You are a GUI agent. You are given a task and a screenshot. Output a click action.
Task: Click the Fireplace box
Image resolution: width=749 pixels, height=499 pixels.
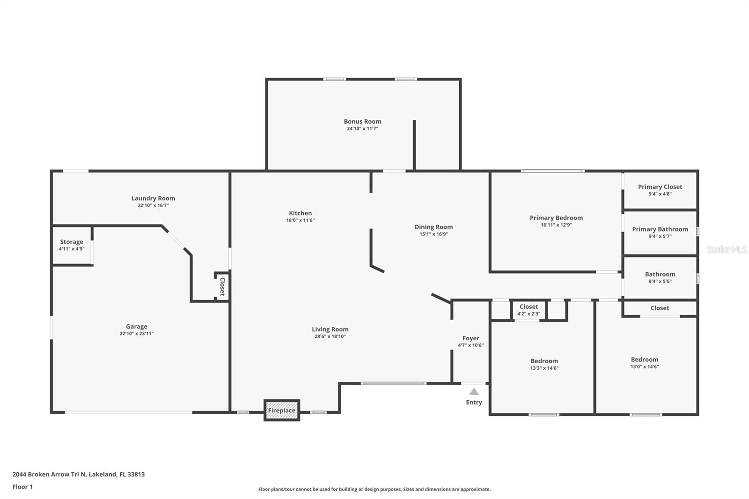(x=281, y=411)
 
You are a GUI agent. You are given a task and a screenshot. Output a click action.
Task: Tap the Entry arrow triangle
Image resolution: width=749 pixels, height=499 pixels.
(x=474, y=392)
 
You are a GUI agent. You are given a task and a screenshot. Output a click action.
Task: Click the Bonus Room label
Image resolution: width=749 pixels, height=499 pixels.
(x=362, y=121)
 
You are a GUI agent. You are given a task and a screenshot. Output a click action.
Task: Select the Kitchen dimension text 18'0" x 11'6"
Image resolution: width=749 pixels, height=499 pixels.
(x=300, y=220)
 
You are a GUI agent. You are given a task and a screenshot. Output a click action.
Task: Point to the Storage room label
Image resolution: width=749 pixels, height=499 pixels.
(x=72, y=242)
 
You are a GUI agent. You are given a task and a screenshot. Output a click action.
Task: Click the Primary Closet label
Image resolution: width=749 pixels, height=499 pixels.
(x=660, y=187)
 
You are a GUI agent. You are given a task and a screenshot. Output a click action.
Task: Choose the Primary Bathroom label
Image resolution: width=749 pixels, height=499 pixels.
(x=660, y=229)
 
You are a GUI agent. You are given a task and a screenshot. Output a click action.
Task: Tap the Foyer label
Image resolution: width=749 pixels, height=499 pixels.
(x=470, y=338)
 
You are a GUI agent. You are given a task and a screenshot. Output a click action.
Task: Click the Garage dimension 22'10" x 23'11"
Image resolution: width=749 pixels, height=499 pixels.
(x=136, y=334)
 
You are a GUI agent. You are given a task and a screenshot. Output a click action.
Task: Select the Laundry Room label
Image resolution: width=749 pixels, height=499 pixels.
(x=153, y=198)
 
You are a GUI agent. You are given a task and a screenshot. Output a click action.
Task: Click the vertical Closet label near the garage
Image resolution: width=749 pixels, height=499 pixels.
(x=222, y=286)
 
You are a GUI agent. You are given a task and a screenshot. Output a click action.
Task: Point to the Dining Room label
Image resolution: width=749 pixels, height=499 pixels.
(x=433, y=227)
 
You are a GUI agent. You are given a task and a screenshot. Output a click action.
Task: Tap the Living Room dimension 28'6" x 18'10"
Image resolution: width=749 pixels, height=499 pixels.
(x=330, y=337)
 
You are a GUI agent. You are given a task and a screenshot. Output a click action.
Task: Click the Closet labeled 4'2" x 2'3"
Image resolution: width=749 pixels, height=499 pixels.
(x=529, y=307)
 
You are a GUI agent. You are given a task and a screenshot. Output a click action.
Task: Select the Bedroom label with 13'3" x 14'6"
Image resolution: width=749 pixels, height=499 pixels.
(x=544, y=361)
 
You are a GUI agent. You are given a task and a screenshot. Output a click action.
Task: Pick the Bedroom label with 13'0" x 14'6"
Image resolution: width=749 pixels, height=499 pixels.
(x=644, y=360)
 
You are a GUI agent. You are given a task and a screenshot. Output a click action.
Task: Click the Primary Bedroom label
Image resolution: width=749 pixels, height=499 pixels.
(x=556, y=218)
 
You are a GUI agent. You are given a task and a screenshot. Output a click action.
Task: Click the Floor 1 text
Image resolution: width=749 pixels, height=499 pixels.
(x=22, y=487)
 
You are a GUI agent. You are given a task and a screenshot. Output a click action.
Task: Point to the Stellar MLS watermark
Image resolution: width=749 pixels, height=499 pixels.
(x=727, y=249)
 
